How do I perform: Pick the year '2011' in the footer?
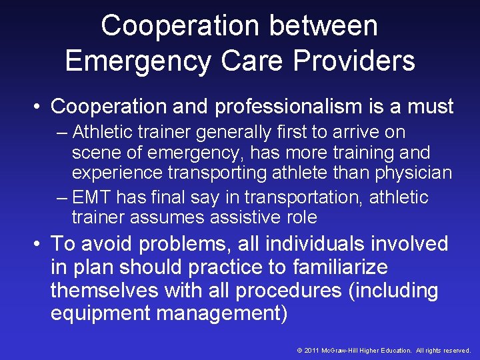tap(312, 350)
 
